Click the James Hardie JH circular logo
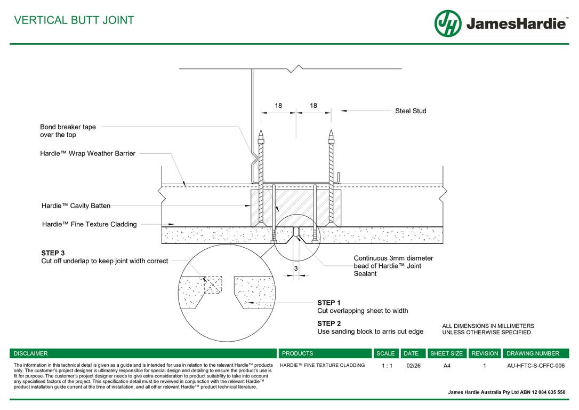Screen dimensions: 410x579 pyautogui.click(x=448, y=23)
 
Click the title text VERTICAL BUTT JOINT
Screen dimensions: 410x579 pyautogui.click(x=74, y=20)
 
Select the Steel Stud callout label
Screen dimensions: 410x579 pyautogui.click(x=411, y=111)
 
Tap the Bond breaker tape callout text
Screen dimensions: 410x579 pyautogui.click(x=68, y=131)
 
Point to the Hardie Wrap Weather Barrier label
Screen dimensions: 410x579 pyautogui.click(x=87, y=154)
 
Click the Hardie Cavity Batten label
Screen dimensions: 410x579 pyautogui.click(x=76, y=206)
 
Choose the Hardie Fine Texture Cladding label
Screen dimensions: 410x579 pyautogui.click(x=89, y=224)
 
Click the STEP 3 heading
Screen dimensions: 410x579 pyautogui.click(x=53, y=253)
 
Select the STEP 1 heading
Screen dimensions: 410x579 pyautogui.click(x=329, y=303)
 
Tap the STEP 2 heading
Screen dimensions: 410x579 pyautogui.click(x=329, y=324)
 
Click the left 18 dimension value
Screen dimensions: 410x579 pyautogui.click(x=278, y=106)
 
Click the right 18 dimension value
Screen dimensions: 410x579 pyautogui.click(x=313, y=106)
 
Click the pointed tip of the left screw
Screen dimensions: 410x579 pyautogui.click(x=261, y=131)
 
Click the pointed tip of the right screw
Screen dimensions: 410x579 pyautogui.click(x=331, y=131)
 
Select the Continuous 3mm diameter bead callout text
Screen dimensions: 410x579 pyautogui.click(x=393, y=266)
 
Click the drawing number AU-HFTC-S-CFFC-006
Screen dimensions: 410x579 pyautogui.click(x=535, y=366)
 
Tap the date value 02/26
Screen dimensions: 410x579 pyautogui.click(x=413, y=366)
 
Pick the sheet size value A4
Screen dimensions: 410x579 pyautogui.click(x=446, y=366)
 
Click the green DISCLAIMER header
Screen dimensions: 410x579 pyautogui.click(x=31, y=353)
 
